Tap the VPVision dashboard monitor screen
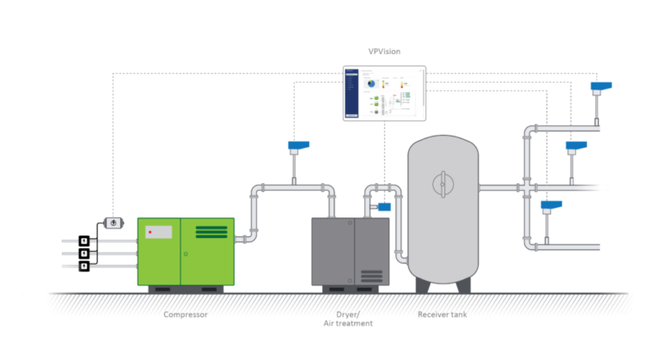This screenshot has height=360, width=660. [383, 93]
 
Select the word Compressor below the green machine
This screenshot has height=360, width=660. [186, 314]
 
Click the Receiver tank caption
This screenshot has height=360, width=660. [442, 314]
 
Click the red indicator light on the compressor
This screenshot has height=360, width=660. [150, 232]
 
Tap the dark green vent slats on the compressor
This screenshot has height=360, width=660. [211, 232]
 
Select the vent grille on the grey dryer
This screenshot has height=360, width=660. [371, 276]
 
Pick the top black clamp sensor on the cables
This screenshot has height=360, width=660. [84, 241]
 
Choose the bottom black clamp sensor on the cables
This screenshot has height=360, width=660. [84, 266]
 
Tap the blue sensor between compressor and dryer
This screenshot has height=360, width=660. [299, 146]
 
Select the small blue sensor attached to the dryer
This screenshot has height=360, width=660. [383, 206]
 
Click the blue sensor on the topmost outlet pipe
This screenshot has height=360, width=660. [602, 87]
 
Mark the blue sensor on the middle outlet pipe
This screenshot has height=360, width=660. [575, 147]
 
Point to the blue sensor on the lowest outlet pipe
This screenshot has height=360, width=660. [549, 207]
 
